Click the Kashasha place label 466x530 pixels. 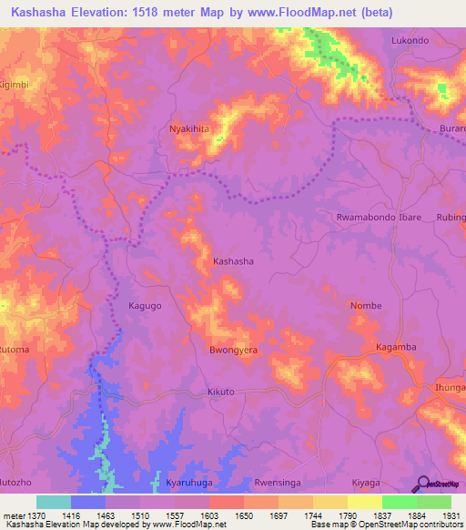[x=233, y=261]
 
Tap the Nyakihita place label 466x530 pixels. [x=189, y=129]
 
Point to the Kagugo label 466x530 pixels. [x=145, y=306]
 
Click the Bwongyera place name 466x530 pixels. [x=234, y=350]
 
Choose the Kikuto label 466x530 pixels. [x=221, y=392]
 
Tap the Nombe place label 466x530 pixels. [x=366, y=306]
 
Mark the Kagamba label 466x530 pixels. [x=396, y=348]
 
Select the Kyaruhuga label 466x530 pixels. [x=190, y=483]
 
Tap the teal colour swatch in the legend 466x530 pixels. [x=54, y=502]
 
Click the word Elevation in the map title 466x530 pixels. [x=96, y=10]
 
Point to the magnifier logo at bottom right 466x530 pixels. [x=421, y=483]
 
